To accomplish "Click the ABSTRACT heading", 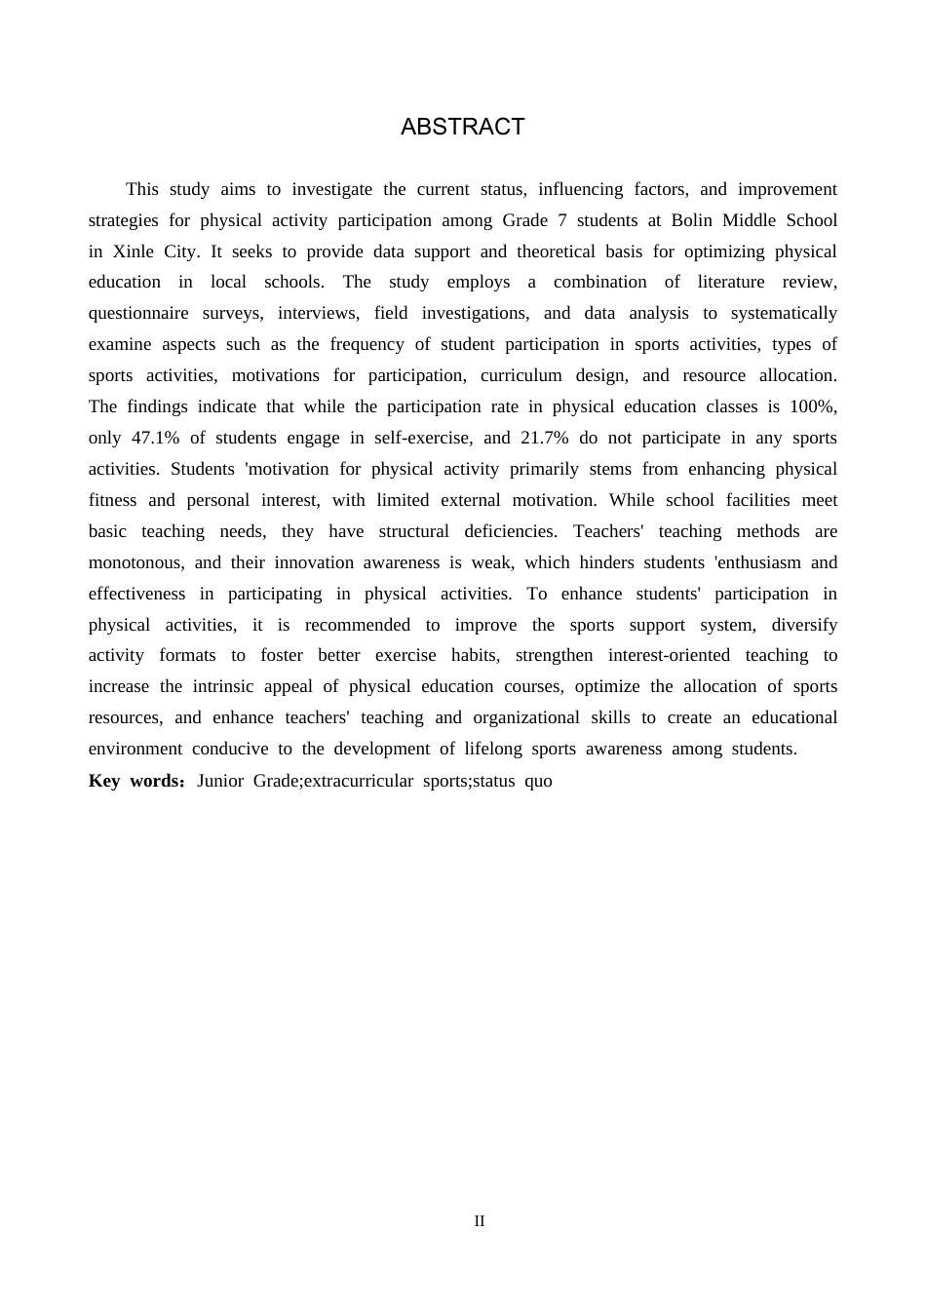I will click(x=462, y=127).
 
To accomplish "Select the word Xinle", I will click(x=133, y=251).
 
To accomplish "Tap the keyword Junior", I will click(x=220, y=781).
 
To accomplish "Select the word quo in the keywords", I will click(x=538, y=781).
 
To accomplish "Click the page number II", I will click(x=479, y=1221).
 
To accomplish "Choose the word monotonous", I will click(x=136, y=562).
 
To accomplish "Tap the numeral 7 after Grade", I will click(x=562, y=220).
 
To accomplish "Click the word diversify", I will click(x=804, y=625).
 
